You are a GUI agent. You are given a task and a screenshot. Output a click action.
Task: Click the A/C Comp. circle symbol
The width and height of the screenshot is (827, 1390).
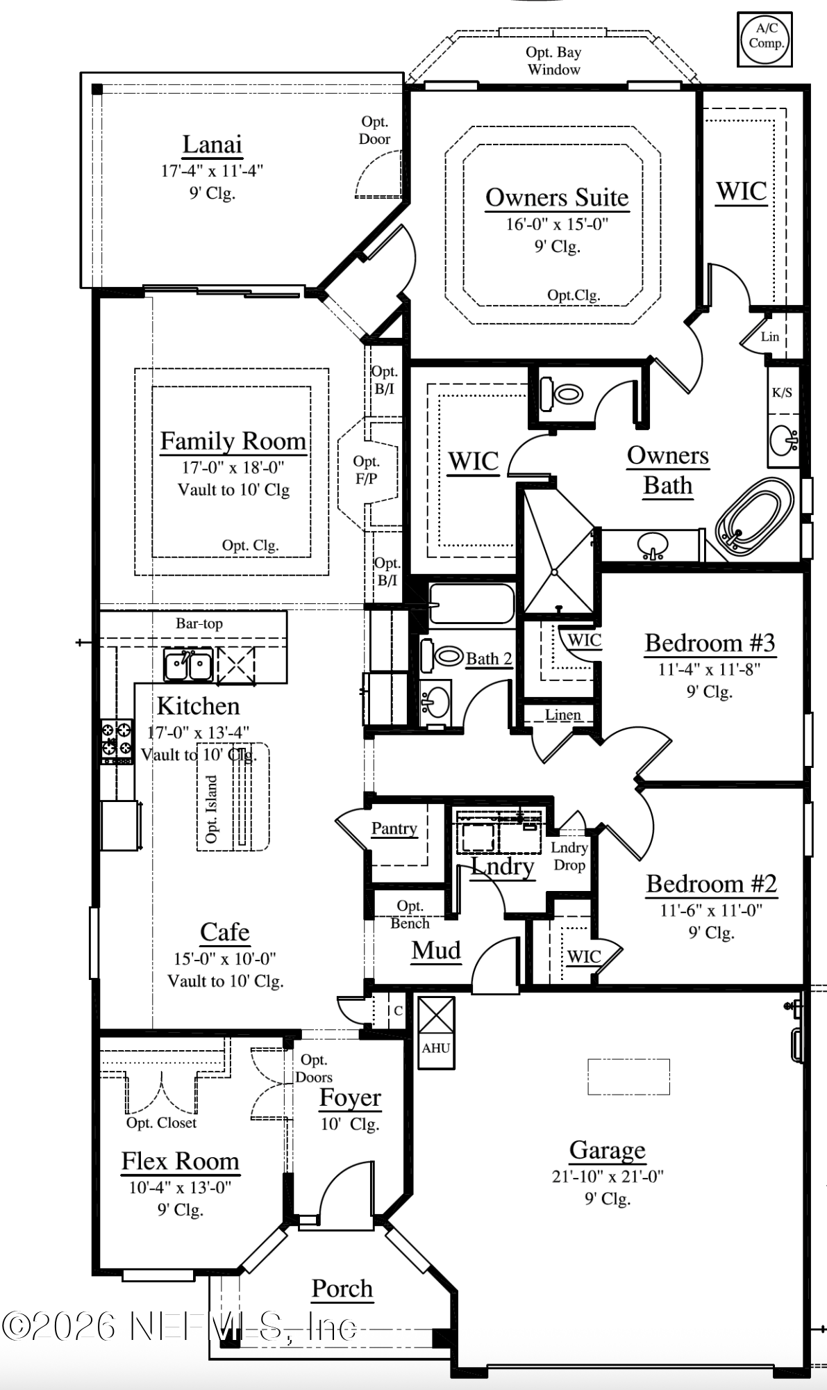tap(765, 39)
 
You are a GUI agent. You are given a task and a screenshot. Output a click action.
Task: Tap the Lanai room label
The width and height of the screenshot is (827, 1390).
tap(212, 145)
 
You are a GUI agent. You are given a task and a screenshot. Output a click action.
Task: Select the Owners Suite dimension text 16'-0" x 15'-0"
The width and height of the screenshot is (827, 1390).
tap(557, 224)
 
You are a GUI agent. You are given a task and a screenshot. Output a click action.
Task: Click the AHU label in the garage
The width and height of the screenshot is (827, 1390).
tap(435, 1048)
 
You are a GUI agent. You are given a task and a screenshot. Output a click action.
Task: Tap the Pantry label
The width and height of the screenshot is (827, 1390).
tap(394, 828)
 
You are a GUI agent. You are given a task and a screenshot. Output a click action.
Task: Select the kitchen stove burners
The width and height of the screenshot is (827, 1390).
tap(117, 739)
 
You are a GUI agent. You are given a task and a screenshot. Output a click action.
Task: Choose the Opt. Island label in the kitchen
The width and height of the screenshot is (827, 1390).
tap(212, 809)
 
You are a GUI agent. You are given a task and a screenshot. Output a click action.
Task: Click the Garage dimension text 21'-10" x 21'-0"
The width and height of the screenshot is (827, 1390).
tap(608, 1177)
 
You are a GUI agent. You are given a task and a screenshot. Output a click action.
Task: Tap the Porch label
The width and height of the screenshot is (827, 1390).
tap(342, 1289)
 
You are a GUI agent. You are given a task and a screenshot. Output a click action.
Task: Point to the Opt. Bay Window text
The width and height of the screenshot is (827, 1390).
tap(553, 60)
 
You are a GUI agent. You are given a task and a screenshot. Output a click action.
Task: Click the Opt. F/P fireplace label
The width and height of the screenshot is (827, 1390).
tap(366, 470)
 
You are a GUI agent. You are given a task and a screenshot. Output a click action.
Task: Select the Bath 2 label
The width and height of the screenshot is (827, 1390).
tap(489, 658)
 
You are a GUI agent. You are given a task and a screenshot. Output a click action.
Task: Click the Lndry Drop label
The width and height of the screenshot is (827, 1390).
tap(569, 856)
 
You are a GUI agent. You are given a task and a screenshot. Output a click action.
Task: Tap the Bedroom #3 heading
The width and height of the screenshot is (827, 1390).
tap(710, 643)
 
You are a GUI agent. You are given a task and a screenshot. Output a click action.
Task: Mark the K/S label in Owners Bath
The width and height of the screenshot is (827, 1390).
tap(782, 393)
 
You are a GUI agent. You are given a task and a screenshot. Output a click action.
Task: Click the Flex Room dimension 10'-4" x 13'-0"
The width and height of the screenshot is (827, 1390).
tap(180, 1188)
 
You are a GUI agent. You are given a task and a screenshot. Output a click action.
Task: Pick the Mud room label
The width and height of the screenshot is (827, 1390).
tap(436, 950)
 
